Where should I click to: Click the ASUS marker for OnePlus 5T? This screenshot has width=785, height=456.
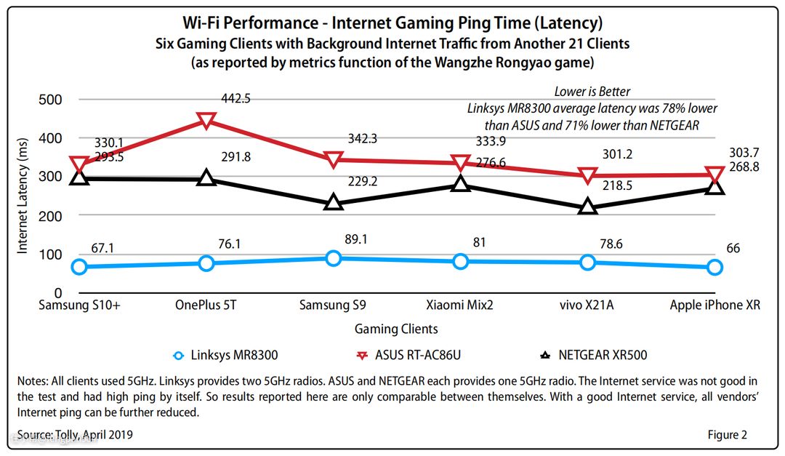[x=206, y=120]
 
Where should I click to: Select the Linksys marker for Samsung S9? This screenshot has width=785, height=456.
[x=334, y=258]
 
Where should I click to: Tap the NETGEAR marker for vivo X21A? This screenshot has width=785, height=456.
[x=588, y=207]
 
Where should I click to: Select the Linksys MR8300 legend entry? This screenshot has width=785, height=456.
[x=225, y=356]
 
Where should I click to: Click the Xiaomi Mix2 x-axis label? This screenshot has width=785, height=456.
[x=460, y=305]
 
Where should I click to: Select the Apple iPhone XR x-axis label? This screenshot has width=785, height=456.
[x=714, y=305]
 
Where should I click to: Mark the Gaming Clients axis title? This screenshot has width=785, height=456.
[x=396, y=329]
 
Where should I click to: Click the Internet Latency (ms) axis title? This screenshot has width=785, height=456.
[x=23, y=196]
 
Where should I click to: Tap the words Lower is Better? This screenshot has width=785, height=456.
[x=592, y=92]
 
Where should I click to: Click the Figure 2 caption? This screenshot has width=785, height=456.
[x=727, y=435]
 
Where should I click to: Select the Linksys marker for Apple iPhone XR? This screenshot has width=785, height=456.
[x=714, y=267]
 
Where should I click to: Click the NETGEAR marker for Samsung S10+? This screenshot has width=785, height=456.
[x=79, y=177]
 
